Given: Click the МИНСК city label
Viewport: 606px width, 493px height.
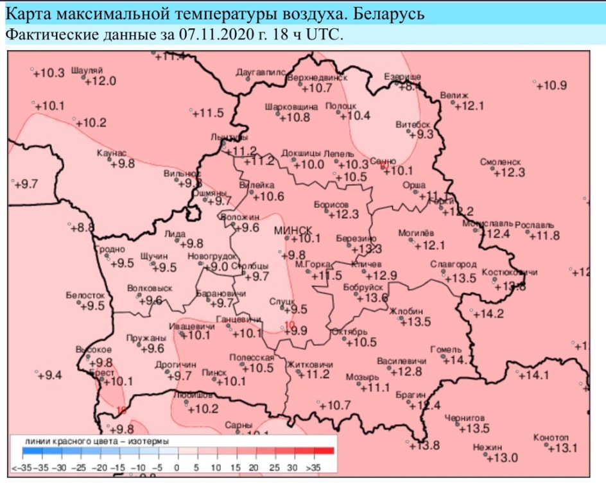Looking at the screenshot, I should pyautogui.click(x=293, y=230).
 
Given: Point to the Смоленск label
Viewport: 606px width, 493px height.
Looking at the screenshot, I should pyautogui.click(x=499, y=163).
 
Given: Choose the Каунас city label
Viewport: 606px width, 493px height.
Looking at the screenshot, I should pyautogui.click(x=111, y=154).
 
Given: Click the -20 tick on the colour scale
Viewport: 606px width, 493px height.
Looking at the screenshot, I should pyautogui.click(x=99, y=467).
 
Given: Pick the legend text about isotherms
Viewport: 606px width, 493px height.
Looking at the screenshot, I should pyautogui.click(x=97, y=442).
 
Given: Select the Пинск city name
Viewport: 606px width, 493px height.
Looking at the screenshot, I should pyautogui.click(x=213, y=372).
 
